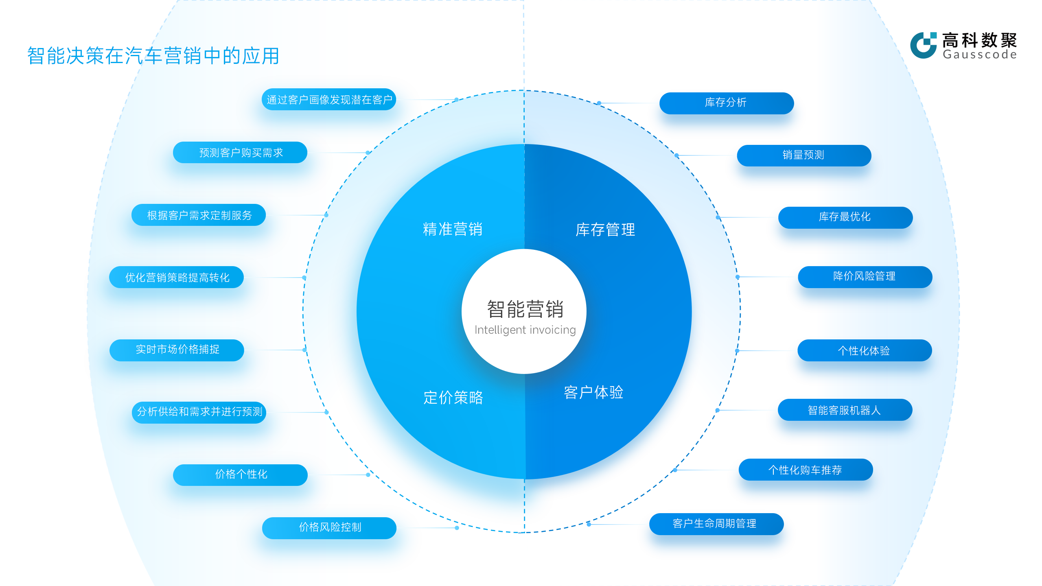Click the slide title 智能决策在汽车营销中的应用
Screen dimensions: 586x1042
tap(153, 56)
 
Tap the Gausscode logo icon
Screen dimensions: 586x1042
tap(923, 45)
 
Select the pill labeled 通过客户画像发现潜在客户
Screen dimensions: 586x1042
tap(329, 100)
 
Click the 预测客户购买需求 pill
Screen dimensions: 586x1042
tap(240, 153)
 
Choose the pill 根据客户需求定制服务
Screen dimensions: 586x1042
tap(199, 215)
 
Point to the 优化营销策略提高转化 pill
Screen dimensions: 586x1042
tap(177, 277)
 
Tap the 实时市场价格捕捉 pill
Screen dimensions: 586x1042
tap(177, 350)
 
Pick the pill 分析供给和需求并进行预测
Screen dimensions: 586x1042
tap(199, 412)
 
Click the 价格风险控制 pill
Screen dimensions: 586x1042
tap(329, 528)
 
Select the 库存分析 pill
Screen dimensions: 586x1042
tap(726, 103)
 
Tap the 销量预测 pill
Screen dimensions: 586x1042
tap(804, 155)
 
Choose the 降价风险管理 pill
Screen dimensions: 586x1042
tap(865, 277)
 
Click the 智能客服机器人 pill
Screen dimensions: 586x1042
tap(845, 410)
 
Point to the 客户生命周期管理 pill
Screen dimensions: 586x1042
tap(716, 524)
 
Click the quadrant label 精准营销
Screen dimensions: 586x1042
tap(453, 230)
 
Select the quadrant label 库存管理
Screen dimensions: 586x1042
tap(605, 230)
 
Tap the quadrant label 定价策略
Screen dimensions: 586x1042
tap(453, 398)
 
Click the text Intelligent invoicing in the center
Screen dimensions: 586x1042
tap(525, 330)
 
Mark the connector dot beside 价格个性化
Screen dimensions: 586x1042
tap(368, 475)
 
